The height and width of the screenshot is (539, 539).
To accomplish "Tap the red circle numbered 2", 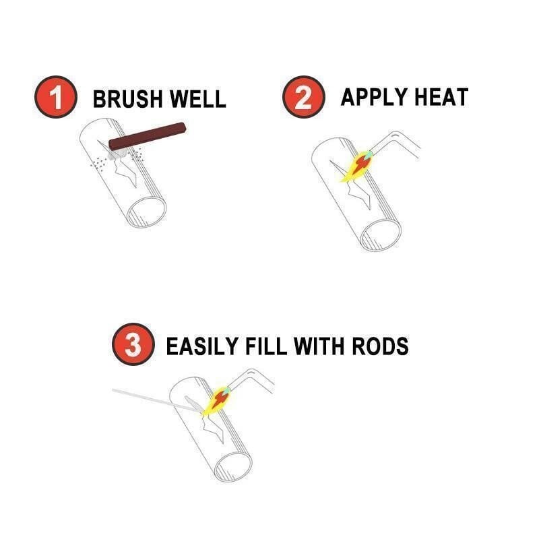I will tap(303, 98).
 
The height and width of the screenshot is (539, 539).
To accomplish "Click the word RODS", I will tap(382, 346).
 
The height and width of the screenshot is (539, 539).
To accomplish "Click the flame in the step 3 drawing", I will tap(216, 400).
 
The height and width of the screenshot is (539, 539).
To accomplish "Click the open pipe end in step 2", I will tap(381, 232).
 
